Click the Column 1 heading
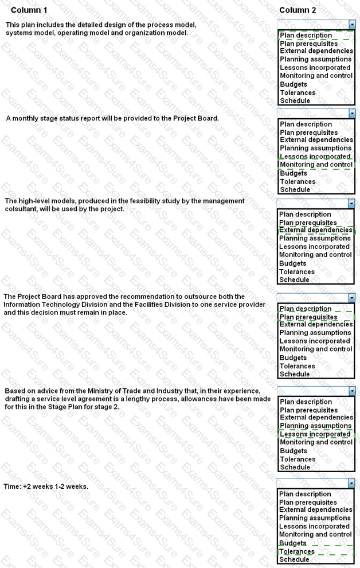coord(29,10)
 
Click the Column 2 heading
coord(298,10)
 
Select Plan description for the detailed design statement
coord(306,36)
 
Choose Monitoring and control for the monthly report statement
coord(316,165)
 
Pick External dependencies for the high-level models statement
coord(316,230)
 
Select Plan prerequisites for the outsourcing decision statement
coord(308,317)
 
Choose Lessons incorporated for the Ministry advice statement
coord(315,434)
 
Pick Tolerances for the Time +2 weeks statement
coord(297,551)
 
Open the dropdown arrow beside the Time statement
coord(351,484)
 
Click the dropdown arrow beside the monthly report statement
coord(351,114)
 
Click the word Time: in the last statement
coord(13,487)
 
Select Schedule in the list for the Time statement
coord(295,559)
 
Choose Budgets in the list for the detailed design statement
coord(294,84)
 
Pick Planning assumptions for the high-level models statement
coord(315,239)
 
